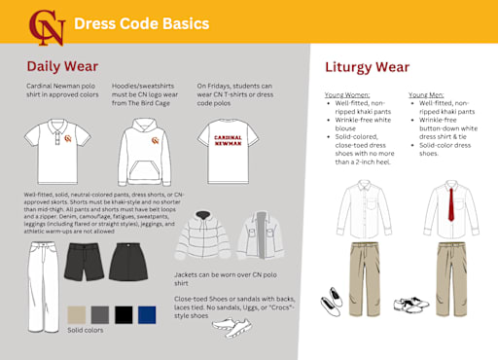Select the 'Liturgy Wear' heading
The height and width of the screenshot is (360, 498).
pyautogui.click(x=369, y=68)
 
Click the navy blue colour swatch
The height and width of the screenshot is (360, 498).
pyautogui.click(x=146, y=314)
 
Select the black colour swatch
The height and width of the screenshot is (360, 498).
pyautogui.click(x=123, y=314)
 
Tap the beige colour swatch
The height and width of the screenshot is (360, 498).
pyautogui.click(x=76, y=314)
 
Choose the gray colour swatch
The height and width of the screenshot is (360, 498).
pyautogui.click(x=99, y=314)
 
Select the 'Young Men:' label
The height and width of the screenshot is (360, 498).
pyautogui.click(x=429, y=95)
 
